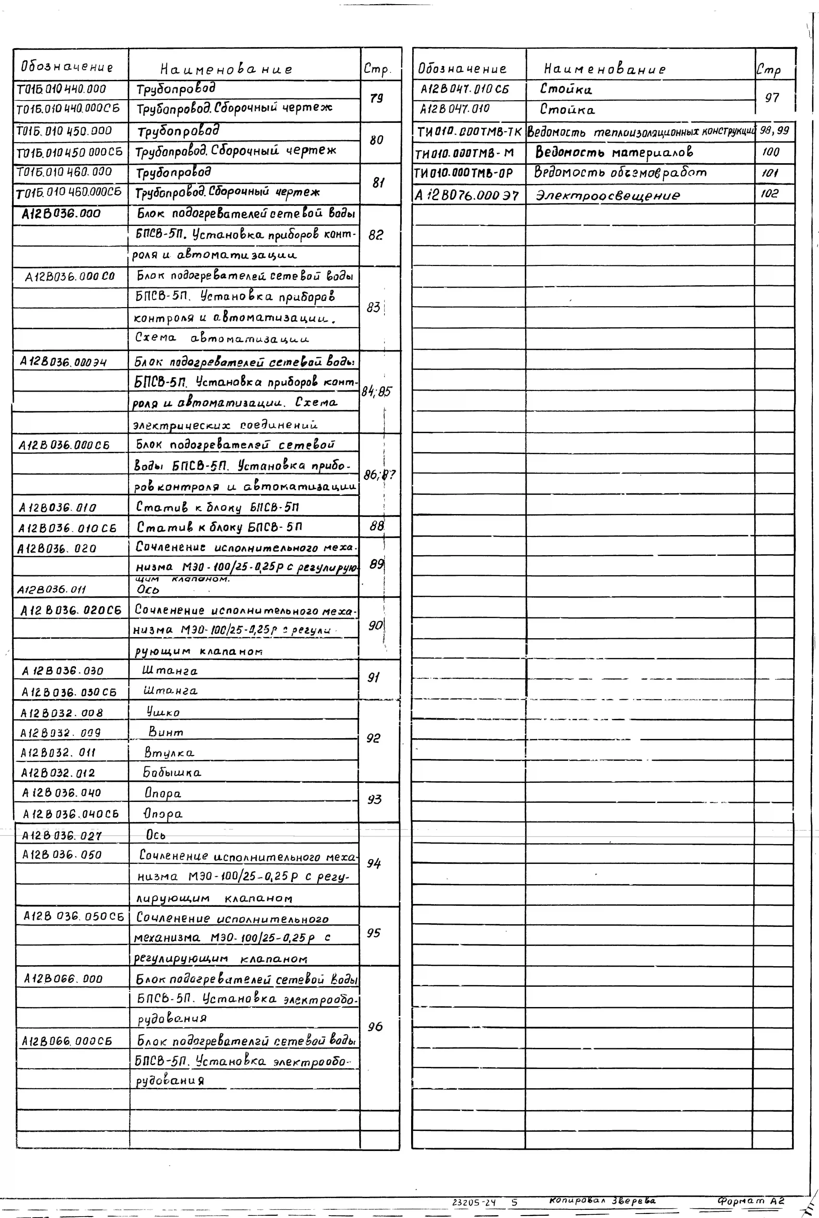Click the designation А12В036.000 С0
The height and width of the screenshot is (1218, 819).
tap(69, 276)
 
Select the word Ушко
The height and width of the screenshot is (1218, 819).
tap(163, 712)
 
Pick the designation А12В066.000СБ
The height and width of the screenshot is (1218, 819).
tap(67, 1041)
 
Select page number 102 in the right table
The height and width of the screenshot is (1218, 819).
tap(769, 194)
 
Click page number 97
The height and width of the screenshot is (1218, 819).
tap(772, 98)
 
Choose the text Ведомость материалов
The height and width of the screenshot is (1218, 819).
tap(614, 153)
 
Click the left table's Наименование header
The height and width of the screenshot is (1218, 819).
tap(226, 69)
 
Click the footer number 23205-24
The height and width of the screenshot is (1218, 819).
tap(474, 1202)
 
